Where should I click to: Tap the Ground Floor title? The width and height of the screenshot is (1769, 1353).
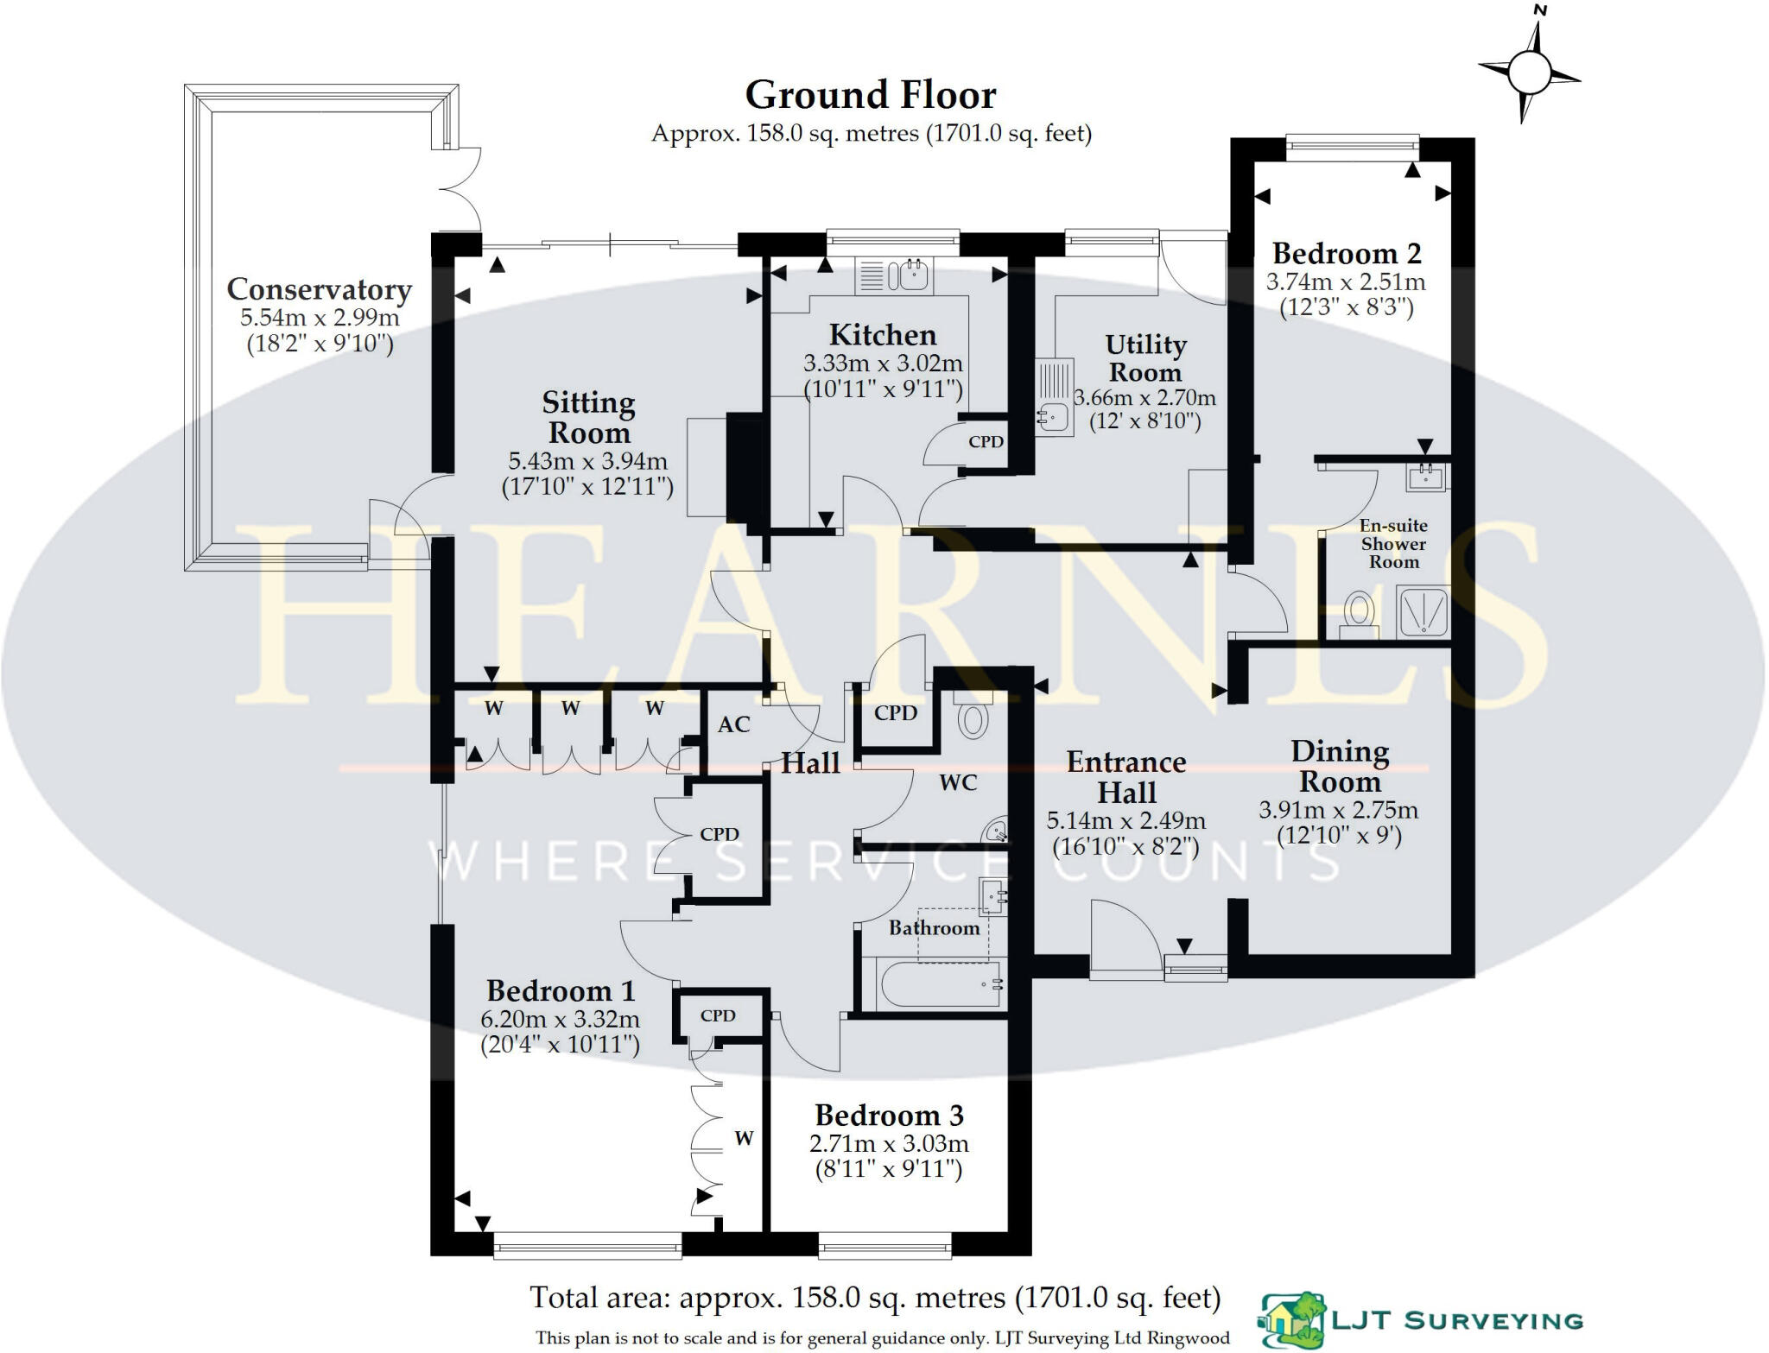coord(870,96)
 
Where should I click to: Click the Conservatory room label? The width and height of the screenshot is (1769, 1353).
coord(319,289)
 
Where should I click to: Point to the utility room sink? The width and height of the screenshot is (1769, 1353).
coord(1053,416)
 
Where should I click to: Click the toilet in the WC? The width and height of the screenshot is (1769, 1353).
coord(973,718)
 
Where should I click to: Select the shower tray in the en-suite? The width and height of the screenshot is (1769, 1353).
coord(1423,611)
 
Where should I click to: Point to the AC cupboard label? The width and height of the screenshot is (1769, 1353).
coord(733,724)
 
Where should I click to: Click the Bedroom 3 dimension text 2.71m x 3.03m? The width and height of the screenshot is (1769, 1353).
coord(889,1144)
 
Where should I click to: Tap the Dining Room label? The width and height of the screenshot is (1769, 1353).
coord(1340,766)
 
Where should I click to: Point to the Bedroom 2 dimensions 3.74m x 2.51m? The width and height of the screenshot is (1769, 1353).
coord(1346,282)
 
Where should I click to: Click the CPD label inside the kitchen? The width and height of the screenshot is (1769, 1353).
coord(986,442)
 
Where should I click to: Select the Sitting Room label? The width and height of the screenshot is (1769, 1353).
coord(588,417)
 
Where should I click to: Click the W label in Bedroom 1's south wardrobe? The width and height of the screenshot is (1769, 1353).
coord(744,1139)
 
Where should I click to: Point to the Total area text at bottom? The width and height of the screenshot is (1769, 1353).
coord(874,1298)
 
